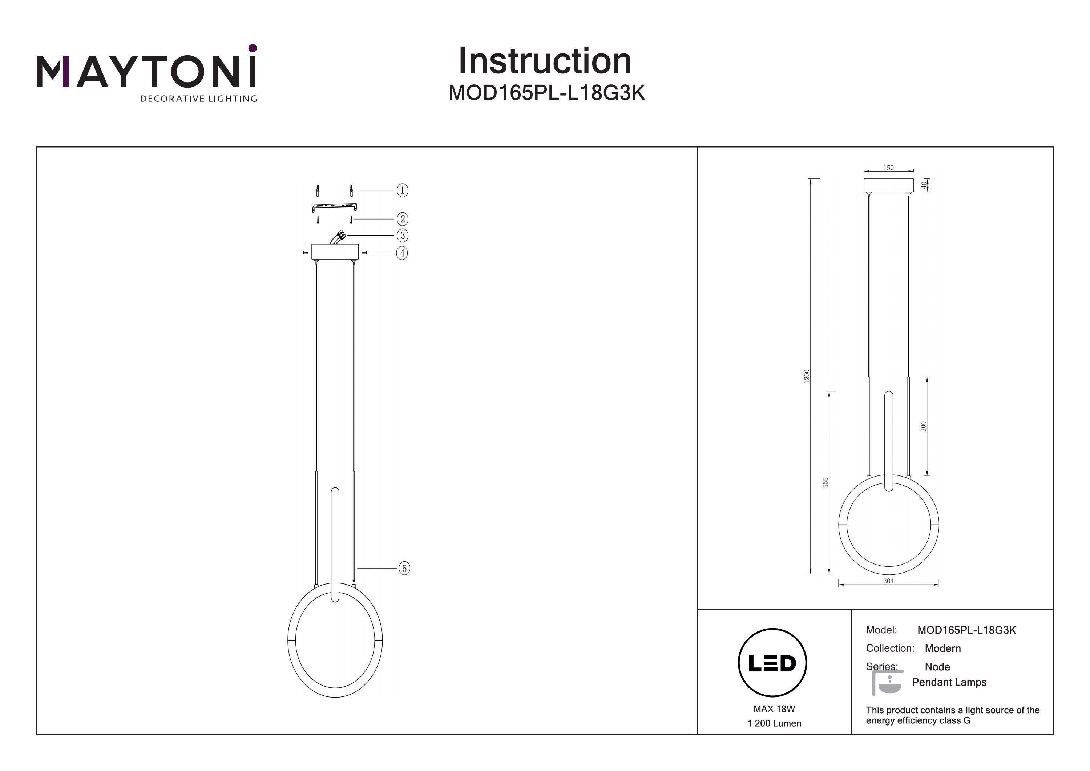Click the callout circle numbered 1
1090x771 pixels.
click(x=402, y=190)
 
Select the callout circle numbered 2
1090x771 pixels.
click(x=402, y=219)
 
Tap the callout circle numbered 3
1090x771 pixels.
click(x=402, y=235)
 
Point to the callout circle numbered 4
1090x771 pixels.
click(x=402, y=253)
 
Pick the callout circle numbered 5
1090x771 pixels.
click(x=404, y=568)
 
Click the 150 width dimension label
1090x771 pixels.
click(x=888, y=168)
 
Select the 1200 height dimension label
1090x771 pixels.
click(x=807, y=377)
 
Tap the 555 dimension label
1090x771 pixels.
click(x=825, y=483)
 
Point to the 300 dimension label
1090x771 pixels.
click(x=923, y=426)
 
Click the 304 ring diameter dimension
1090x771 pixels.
click(x=888, y=581)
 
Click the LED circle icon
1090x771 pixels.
click(x=772, y=663)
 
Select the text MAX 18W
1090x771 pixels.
click(x=774, y=709)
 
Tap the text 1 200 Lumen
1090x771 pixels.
click(x=774, y=723)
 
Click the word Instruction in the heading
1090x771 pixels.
click(x=545, y=61)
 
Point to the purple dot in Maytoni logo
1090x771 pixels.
click(x=253, y=48)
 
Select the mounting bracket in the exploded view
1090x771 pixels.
click(x=334, y=208)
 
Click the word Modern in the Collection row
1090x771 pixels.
click(x=942, y=648)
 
